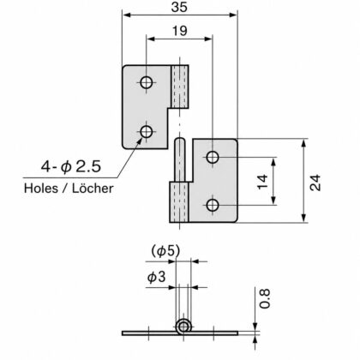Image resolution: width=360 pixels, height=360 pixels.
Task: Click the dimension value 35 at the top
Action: pyautogui.click(x=179, y=7)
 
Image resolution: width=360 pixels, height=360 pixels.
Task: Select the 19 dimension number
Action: pyautogui.click(x=179, y=31)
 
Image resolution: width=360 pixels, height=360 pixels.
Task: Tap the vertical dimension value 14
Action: pyautogui.click(x=262, y=182)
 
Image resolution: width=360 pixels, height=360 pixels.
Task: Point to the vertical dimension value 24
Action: pyautogui.click(x=315, y=183)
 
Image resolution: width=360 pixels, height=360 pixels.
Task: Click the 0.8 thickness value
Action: pyautogui.click(x=264, y=298)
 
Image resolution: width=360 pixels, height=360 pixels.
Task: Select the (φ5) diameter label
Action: pyautogui.click(x=165, y=251)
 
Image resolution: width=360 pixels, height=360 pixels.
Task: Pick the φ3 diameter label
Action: pyautogui.click(x=156, y=277)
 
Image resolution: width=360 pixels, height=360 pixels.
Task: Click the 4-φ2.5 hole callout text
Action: pyautogui.click(x=71, y=166)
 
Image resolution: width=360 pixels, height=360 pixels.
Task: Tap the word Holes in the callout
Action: pyautogui.click(x=41, y=189)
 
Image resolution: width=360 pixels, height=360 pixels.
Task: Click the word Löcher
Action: pyautogui.click(x=93, y=189)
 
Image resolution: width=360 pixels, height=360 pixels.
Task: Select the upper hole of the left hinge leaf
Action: pyautogui.click(x=147, y=83)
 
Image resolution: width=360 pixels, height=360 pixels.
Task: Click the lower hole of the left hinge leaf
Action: pyautogui.click(x=147, y=132)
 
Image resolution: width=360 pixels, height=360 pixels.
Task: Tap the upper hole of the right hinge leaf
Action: pyautogui.click(x=213, y=157)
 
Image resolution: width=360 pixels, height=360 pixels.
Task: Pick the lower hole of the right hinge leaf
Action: pyautogui.click(x=213, y=205)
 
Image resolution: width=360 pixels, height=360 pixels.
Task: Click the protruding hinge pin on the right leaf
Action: pyautogui.click(x=180, y=159)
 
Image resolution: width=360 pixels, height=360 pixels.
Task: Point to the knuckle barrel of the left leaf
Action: pyautogui.click(x=180, y=87)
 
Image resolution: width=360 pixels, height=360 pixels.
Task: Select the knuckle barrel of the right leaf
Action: pyautogui.click(x=179, y=202)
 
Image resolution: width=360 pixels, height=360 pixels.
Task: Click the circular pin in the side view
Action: pyautogui.click(x=183, y=327)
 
